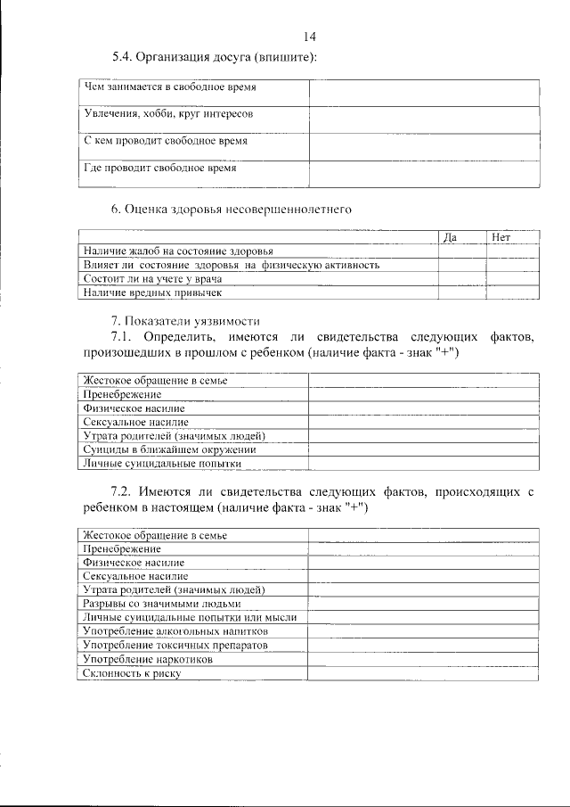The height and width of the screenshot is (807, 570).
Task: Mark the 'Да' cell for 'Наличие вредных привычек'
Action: pyautogui.click(x=461, y=292)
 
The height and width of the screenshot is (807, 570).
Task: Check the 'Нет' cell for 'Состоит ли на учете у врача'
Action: pyautogui.click(x=512, y=278)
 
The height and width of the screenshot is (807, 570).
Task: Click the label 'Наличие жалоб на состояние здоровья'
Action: pyautogui.click(x=178, y=252)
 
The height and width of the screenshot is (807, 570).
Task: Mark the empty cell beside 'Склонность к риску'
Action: pyautogui.click(x=424, y=673)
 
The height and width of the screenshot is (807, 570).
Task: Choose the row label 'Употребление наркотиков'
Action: pyautogui.click(x=148, y=659)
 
